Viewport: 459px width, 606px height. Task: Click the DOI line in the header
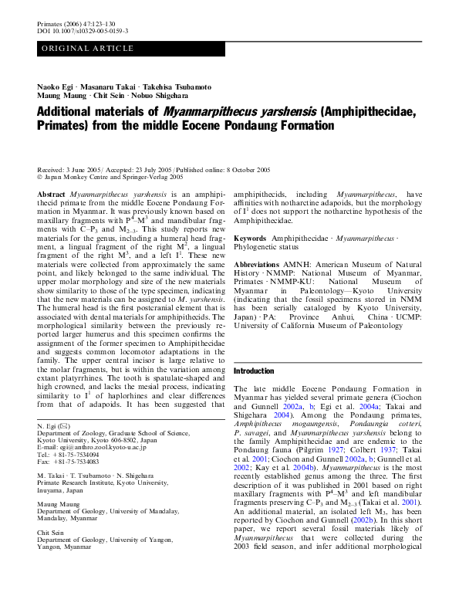83,31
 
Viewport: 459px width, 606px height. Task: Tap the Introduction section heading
253,371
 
